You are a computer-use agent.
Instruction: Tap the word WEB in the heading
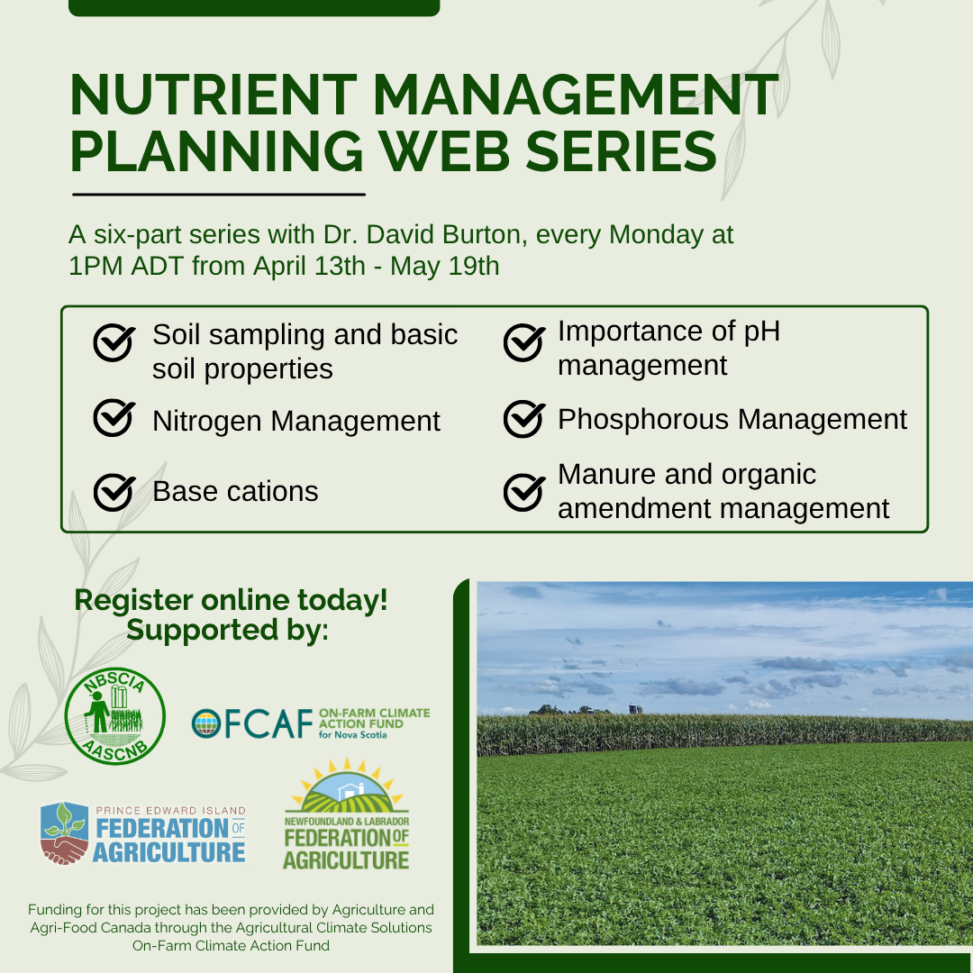[x=445, y=150]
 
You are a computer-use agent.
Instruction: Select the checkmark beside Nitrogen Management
[x=114, y=418]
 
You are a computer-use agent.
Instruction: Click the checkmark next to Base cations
[x=114, y=492]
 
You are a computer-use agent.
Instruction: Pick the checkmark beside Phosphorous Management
[x=524, y=419]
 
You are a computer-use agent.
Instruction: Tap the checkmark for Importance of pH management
[x=524, y=342]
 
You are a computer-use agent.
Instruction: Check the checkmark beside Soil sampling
[x=114, y=342]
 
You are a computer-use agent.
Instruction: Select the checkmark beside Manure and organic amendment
[x=524, y=492]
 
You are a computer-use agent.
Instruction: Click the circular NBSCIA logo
[x=114, y=715]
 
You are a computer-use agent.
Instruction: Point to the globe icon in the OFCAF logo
[x=206, y=723]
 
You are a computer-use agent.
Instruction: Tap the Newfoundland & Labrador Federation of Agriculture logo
[x=346, y=814]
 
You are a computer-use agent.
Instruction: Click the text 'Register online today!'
[x=231, y=600]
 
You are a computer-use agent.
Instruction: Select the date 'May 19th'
[x=444, y=266]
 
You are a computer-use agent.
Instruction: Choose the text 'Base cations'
[x=235, y=492]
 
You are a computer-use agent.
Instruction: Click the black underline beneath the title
[x=219, y=195]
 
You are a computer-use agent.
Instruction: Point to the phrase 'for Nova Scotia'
[x=352, y=735]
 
